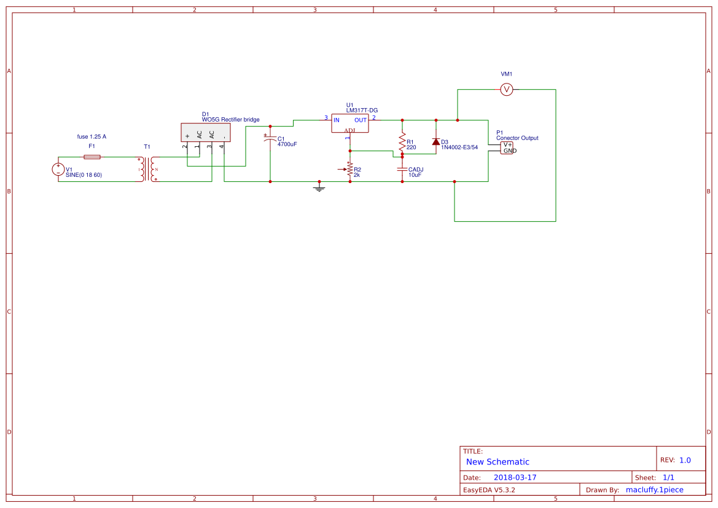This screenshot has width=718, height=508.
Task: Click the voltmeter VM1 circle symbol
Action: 507,90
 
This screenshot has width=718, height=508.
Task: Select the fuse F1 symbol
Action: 92,157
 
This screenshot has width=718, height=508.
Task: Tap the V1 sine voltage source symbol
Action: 58,169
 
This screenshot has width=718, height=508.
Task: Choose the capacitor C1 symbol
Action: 270,140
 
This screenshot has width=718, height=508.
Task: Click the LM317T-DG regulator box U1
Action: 349,123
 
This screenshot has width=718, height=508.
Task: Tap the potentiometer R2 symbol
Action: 350,169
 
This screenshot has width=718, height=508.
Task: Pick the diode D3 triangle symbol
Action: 436,142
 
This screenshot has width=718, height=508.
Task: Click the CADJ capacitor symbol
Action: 402,169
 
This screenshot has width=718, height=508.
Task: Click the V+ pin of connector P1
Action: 507,145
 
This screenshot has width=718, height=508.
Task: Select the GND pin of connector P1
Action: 509,151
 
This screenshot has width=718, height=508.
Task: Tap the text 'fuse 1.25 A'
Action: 92,136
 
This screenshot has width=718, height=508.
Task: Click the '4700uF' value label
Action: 287,144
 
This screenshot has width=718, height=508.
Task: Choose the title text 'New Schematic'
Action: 498,462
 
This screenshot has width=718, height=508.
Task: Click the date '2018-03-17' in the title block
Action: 515,477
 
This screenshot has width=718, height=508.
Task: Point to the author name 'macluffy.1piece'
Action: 654,490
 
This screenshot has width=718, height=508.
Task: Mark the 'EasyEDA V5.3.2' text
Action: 489,490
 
